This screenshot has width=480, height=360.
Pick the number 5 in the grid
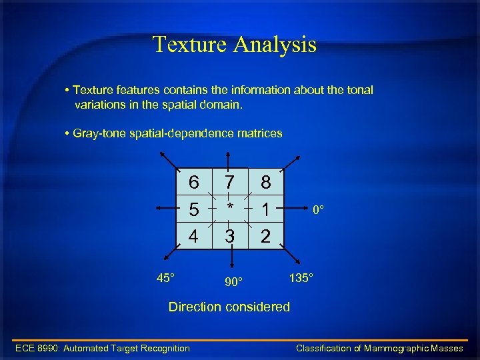[193, 209]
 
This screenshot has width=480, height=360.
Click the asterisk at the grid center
[230, 208]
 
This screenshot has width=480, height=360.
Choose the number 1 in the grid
[265, 209]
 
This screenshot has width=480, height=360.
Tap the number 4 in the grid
[193, 236]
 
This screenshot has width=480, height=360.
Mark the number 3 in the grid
[230, 236]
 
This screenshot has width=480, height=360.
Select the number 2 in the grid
[265, 236]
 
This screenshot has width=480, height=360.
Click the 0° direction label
[319, 210]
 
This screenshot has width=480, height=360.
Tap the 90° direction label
[233, 282]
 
